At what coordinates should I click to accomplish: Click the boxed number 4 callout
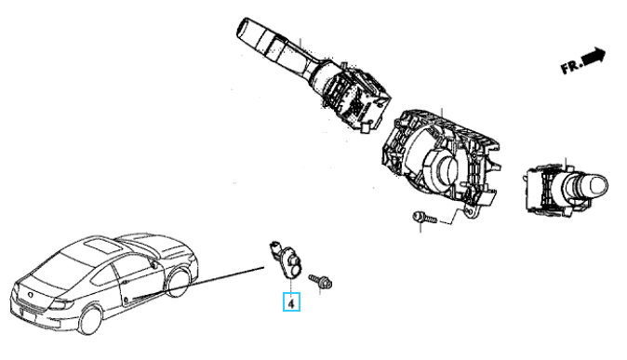[x=291, y=302]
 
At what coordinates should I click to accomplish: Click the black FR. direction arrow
[x=594, y=57]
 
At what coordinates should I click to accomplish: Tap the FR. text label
[x=571, y=67]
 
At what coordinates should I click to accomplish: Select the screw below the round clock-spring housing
[x=424, y=218]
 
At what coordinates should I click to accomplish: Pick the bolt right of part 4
[x=320, y=281]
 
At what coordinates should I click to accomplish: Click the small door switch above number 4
[x=287, y=260]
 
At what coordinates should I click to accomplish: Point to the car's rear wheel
[x=90, y=320]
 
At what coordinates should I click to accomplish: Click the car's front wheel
[x=177, y=283]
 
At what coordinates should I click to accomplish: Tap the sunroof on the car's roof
[x=102, y=246]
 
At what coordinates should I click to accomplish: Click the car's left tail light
[x=62, y=304]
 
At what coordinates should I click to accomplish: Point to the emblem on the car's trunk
[x=31, y=295]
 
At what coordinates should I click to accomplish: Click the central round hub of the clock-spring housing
[x=446, y=169]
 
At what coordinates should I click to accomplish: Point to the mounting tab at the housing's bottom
[x=471, y=212]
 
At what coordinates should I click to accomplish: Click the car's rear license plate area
[x=28, y=314]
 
